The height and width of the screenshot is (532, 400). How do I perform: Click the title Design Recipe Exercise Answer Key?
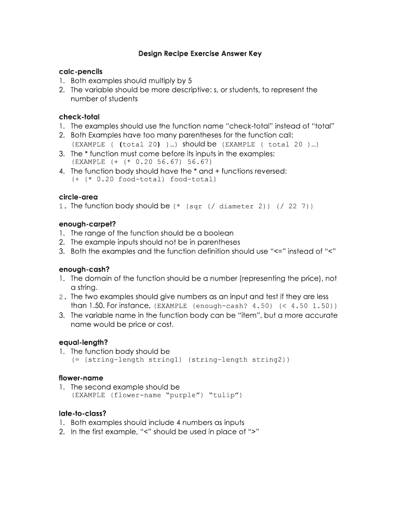point(199,54)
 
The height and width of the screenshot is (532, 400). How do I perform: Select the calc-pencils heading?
point(81,71)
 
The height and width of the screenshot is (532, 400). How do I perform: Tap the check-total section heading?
point(79,116)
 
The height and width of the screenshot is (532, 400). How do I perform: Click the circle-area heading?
point(78,197)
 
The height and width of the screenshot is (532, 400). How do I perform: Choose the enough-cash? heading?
point(83,269)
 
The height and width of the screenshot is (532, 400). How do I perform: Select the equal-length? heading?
point(83,342)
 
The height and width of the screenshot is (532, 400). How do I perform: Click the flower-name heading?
point(81,378)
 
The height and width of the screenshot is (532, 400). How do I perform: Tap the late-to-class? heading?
point(83,414)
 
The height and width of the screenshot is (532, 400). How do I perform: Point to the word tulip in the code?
point(224,395)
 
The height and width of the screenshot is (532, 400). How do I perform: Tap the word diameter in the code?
point(237,206)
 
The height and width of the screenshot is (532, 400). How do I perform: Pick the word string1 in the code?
point(165,360)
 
